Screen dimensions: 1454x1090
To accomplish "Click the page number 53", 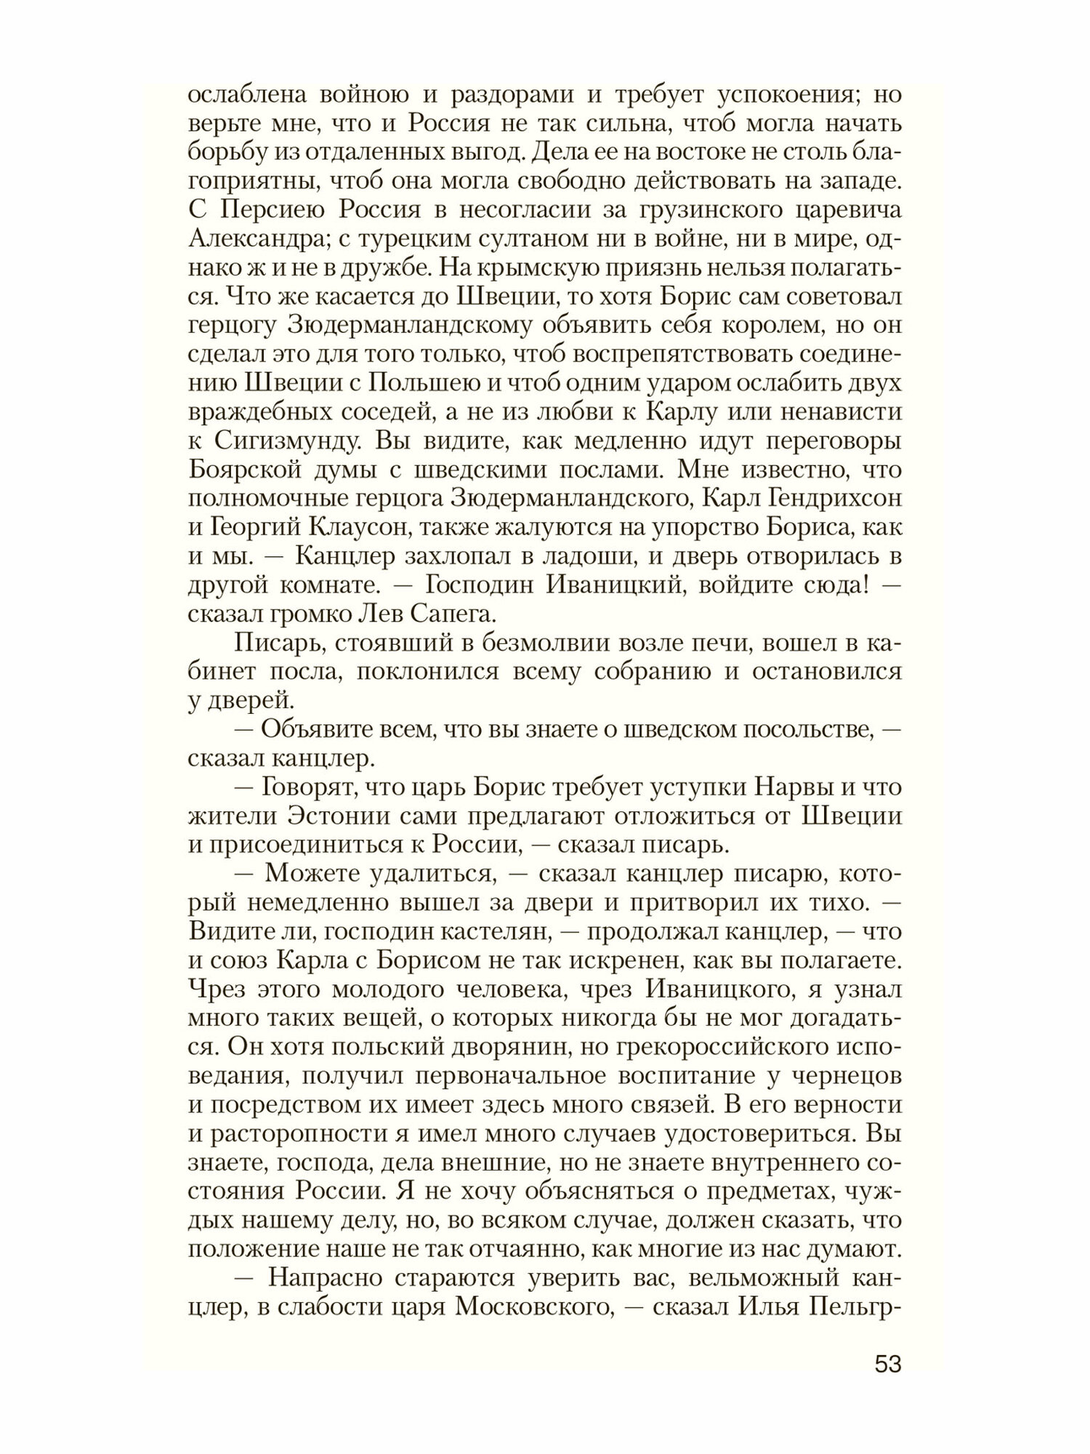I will click(x=887, y=1364).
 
